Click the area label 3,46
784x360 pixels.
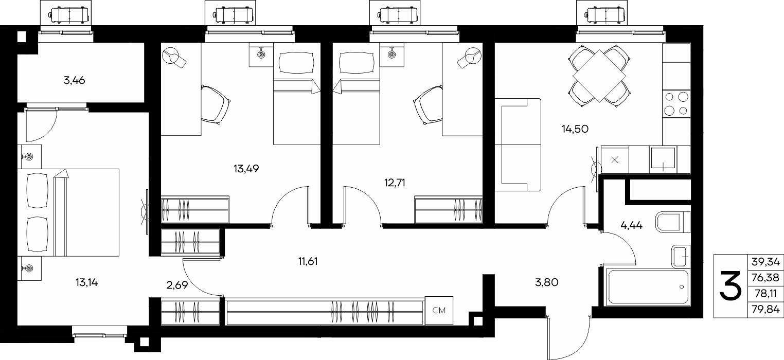click(x=74, y=80)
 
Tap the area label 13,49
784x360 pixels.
click(x=246, y=169)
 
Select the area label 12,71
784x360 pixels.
click(x=395, y=183)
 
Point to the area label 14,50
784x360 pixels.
click(x=575, y=129)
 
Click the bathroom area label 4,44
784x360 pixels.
click(x=631, y=225)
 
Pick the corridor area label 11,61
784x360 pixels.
click(x=308, y=261)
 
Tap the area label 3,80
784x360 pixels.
click(x=547, y=282)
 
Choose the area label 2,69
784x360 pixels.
click(x=177, y=285)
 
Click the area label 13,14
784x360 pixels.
click(x=86, y=282)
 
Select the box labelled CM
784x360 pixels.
click(x=439, y=310)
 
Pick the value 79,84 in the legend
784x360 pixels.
click(x=765, y=310)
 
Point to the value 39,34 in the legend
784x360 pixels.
click(x=765, y=262)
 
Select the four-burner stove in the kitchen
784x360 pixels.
click(x=676, y=103)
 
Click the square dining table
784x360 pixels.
click(x=599, y=76)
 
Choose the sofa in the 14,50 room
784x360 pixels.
click(x=518, y=145)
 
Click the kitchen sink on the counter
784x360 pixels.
click(x=663, y=159)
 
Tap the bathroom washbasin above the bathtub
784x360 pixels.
click(x=681, y=257)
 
